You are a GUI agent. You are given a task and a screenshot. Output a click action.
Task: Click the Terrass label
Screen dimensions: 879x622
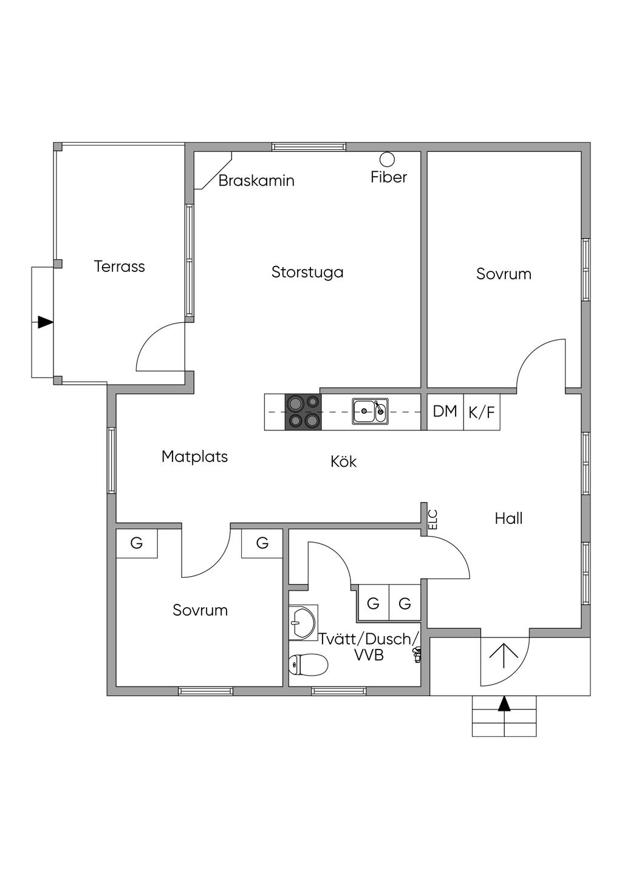[x=120, y=266]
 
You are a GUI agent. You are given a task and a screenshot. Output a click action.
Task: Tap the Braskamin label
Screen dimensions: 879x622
[x=256, y=181]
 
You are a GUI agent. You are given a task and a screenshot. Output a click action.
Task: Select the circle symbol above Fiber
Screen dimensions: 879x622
[x=387, y=160]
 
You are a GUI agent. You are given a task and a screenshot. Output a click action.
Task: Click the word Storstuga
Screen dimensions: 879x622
[x=307, y=273]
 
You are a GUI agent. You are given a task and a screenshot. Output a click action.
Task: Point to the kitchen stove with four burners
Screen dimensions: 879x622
[x=303, y=412]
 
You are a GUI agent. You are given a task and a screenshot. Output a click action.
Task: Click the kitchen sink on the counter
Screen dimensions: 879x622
[x=370, y=411]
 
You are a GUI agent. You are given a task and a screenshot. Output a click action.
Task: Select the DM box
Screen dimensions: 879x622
[x=445, y=412]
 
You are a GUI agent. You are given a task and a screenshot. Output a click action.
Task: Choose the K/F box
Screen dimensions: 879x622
[x=482, y=413]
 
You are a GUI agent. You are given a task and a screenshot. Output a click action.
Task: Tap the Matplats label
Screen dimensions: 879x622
[x=194, y=456]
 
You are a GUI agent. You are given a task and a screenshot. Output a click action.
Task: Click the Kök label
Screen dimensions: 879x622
[x=344, y=462]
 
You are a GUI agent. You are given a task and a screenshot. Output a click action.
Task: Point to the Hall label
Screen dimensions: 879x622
[x=508, y=518]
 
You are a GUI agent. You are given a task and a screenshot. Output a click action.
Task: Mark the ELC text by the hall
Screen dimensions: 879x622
[x=433, y=519]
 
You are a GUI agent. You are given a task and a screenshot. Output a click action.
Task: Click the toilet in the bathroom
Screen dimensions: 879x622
[x=309, y=665]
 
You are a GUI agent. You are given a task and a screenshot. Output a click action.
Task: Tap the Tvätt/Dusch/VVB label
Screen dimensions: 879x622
[x=369, y=647]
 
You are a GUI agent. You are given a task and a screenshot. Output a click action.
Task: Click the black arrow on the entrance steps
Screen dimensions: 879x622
[x=504, y=704]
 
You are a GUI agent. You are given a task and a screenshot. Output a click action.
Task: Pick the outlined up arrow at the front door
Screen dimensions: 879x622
[x=504, y=656]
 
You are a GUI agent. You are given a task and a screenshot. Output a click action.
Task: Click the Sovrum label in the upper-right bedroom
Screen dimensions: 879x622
[x=504, y=274]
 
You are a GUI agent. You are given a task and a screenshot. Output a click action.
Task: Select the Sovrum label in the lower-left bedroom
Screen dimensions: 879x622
[x=200, y=611]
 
